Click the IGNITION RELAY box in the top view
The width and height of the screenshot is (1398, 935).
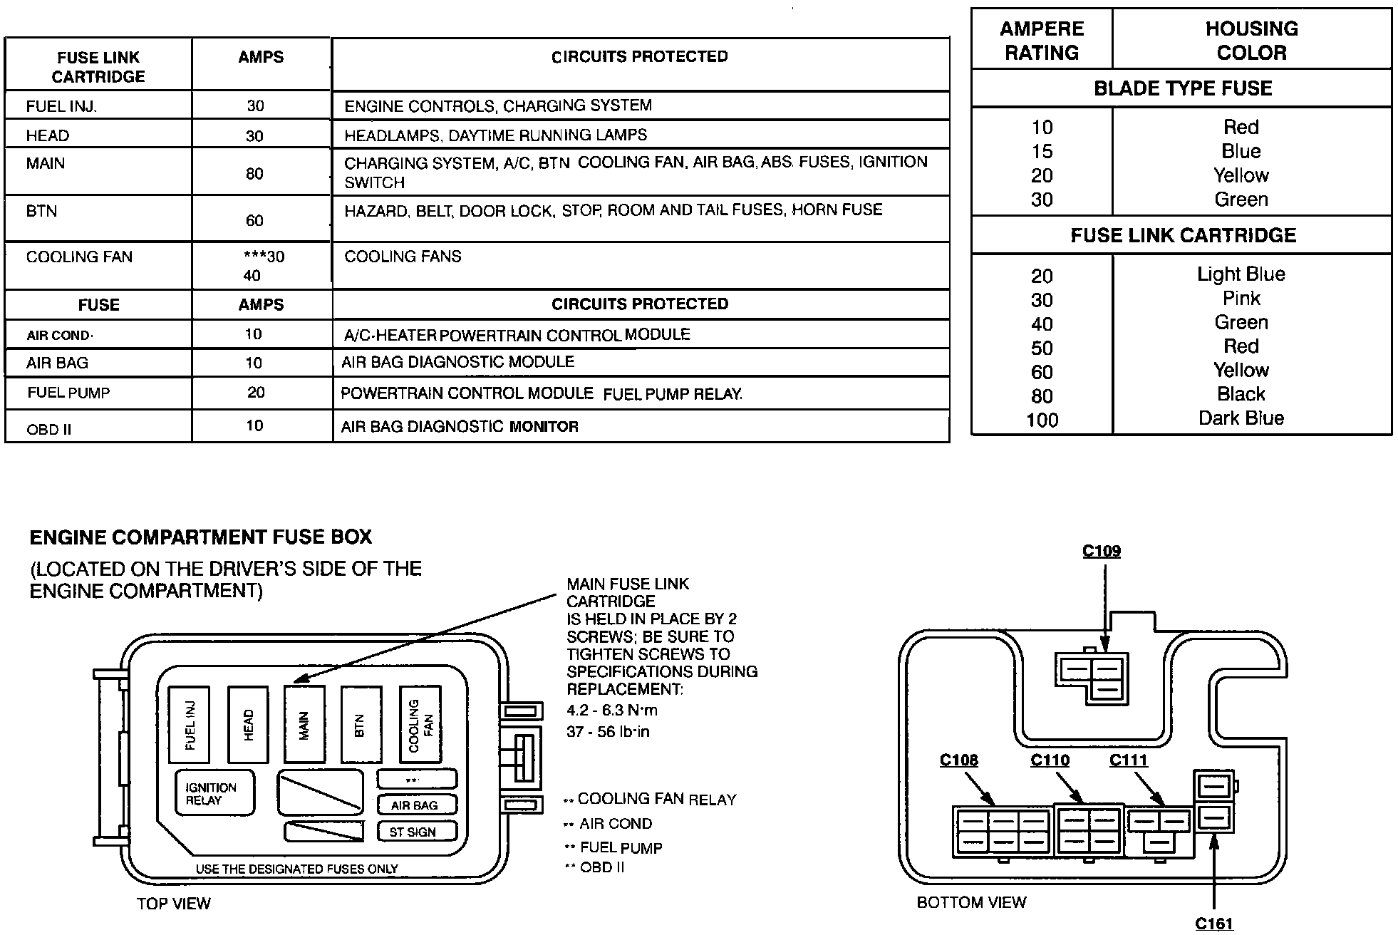tap(214, 793)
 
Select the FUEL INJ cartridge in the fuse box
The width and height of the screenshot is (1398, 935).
tap(189, 725)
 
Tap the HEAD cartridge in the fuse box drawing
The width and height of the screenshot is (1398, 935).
tap(248, 725)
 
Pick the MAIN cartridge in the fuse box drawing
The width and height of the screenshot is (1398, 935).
tap(304, 725)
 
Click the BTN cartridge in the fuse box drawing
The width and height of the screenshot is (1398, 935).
tap(361, 725)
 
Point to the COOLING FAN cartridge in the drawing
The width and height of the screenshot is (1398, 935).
tap(420, 725)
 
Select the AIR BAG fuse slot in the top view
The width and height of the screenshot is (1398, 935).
tap(416, 805)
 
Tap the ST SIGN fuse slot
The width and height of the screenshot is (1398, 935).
tap(416, 832)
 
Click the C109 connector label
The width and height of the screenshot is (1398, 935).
tap(1102, 552)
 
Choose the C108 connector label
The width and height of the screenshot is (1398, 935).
tap(958, 760)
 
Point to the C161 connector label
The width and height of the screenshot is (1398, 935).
tap(1213, 924)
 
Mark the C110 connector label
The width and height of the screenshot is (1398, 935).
tap(1050, 760)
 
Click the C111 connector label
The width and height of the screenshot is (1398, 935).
tap(1129, 760)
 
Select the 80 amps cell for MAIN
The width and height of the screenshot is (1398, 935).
tap(254, 174)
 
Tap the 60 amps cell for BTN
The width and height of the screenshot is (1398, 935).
tap(254, 220)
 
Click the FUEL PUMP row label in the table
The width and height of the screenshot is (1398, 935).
tap(69, 393)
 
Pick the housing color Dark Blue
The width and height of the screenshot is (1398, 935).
tap(1241, 418)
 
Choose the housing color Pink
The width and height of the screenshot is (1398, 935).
tap(1241, 299)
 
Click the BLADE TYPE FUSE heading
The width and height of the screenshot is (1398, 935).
tap(1182, 88)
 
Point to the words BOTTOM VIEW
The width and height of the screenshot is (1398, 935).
tap(971, 903)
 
